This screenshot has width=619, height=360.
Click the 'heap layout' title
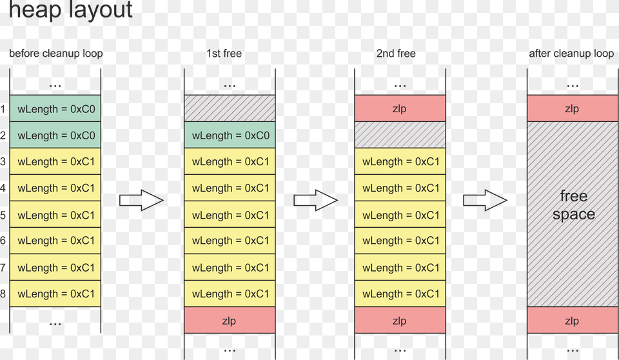point(70,10)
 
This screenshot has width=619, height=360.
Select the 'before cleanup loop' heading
point(55,54)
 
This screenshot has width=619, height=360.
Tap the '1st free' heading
point(224,54)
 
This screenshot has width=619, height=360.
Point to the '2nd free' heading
point(396,54)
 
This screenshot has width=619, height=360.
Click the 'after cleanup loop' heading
point(571,54)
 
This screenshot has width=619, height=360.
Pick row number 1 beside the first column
point(3,109)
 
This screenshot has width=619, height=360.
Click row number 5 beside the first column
point(3,215)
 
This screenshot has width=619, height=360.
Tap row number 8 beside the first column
point(3,294)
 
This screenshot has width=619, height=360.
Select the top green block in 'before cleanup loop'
point(56,109)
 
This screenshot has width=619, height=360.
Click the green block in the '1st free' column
point(230,135)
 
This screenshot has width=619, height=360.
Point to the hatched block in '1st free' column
point(230,108)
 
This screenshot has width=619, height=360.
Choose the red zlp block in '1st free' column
point(230,321)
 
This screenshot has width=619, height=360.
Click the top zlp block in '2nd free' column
point(400,108)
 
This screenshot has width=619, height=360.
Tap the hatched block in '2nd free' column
point(400,135)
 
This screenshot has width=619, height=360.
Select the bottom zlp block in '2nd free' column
point(400,321)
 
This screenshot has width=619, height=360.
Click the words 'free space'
point(573,205)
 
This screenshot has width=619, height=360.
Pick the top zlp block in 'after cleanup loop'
point(572,108)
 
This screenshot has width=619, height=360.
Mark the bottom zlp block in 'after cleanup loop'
point(572,321)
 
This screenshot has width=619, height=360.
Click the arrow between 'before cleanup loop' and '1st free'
point(142,201)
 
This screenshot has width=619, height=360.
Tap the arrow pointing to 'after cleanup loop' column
point(485,201)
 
